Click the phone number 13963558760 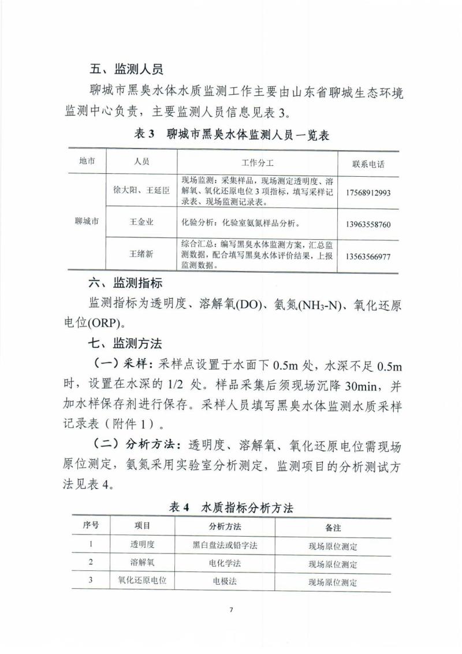368,224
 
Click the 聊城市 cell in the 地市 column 87,221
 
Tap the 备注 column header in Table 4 333,527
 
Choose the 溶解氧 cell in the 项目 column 142,563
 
